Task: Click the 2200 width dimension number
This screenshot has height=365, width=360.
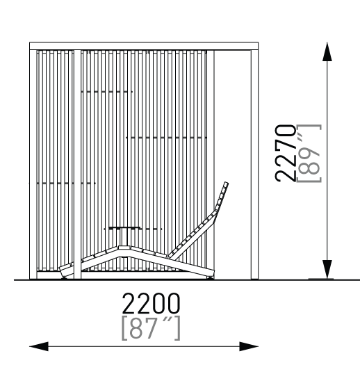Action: pos(151,303)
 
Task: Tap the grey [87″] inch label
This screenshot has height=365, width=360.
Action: pos(151,328)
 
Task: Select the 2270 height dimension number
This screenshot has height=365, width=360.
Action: pos(285,153)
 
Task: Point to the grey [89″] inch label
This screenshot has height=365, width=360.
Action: pos(309,153)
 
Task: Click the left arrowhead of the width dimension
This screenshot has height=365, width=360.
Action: pos(39,346)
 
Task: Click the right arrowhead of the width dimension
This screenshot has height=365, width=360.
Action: pos(249,346)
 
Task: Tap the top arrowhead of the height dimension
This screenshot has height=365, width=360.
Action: pos(327,51)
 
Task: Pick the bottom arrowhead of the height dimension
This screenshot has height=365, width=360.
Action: pos(327,269)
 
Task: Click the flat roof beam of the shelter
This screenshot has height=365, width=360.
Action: pos(144,46)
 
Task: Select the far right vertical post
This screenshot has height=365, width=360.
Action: pos(254,164)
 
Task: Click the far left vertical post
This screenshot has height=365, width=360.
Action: pos(33,164)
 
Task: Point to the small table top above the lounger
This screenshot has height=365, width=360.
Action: pos(124,227)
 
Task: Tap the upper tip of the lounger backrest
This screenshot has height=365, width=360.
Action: pos(226,183)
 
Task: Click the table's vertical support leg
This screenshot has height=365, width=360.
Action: pos(124,238)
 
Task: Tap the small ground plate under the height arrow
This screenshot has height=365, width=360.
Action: pos(321,279)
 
